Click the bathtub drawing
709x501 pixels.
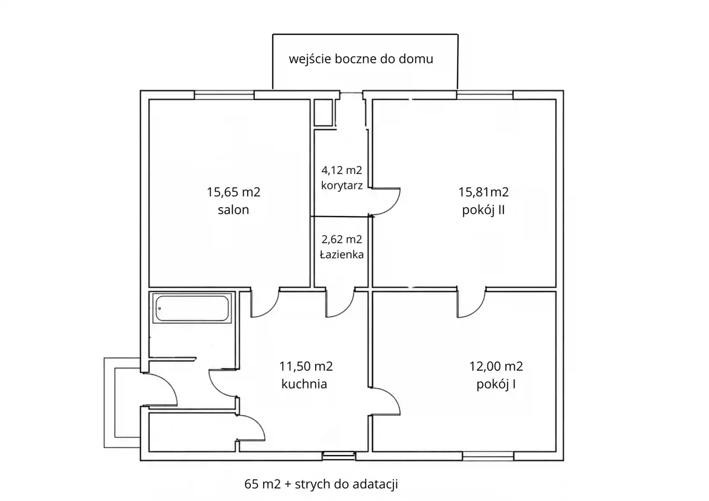pos(192,308)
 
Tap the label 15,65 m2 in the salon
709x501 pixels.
pos(234,192)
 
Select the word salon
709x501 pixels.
pos(234,209)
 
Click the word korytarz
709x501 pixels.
pos(342,185)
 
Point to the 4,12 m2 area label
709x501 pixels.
pos(342,170)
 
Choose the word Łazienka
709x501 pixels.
pos(342,254)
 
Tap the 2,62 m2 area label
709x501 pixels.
pos(342,239)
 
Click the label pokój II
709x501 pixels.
pos(484,210)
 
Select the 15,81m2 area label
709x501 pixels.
pos(484,192)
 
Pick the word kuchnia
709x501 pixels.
pos(304,384)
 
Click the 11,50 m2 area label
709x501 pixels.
pos(306,366)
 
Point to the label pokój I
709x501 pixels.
pos(496,385)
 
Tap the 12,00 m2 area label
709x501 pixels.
pos(496,366)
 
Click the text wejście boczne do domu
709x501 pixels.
pos(361,59)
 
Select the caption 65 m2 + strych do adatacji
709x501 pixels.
pos(321,484)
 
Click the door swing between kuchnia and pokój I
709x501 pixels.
pos(393,397)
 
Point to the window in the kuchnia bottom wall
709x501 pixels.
pos(338,456)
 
